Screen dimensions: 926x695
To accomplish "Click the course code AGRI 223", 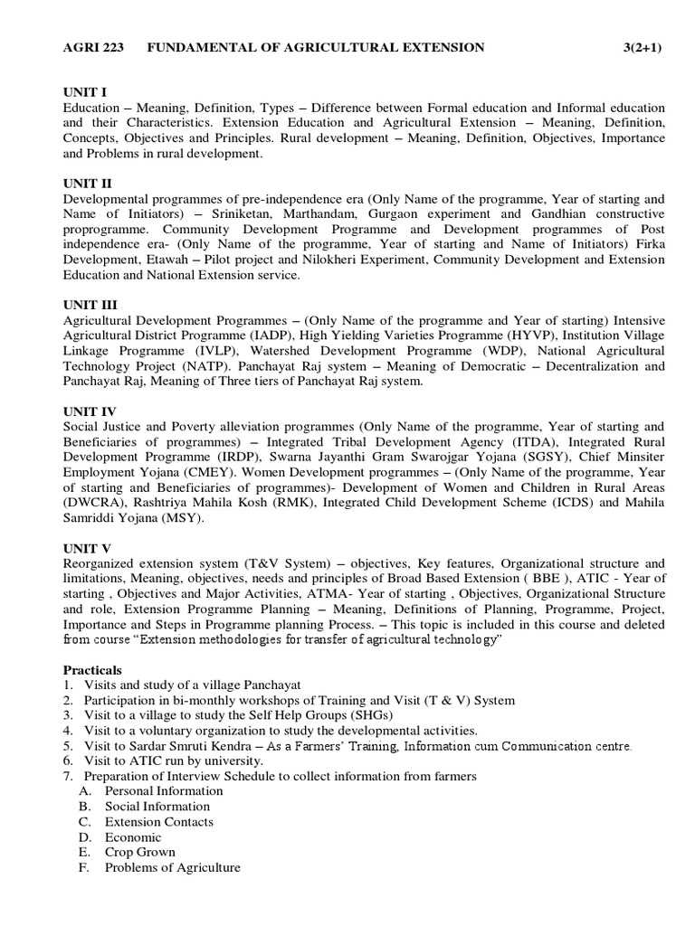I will point(94,47).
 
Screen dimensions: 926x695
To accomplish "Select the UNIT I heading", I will point(85,92).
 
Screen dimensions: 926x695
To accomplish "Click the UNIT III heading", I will point(90,305).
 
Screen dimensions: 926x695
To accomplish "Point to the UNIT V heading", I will point(87,548).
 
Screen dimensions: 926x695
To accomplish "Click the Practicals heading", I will point(92,670).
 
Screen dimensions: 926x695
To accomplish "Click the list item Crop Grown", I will point(140,852).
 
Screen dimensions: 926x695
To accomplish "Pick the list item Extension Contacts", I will point(159,822).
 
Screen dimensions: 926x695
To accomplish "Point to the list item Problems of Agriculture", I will point(173,867).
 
